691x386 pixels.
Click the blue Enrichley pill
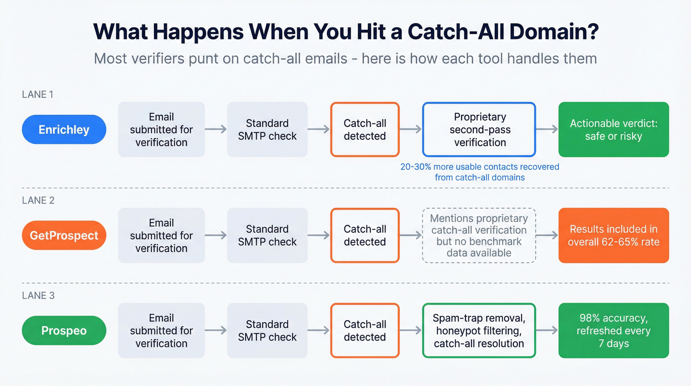click(64, 129)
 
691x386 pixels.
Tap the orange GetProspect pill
click(64, 235)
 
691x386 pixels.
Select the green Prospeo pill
click(64, 331)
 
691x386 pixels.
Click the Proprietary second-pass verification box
click(479, 129)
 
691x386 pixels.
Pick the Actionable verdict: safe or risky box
click(614, 129)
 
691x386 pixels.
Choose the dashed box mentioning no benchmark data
click(479, 235)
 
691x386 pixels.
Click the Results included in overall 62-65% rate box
click(614, 235)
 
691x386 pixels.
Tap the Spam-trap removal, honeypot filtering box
click(479, 331)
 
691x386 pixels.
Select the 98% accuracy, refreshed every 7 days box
click(614, 331)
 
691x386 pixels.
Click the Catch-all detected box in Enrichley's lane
click(365, 129)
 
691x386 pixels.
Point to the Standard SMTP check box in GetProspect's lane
click(267, 235)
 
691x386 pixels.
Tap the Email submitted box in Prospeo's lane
click(161, 331)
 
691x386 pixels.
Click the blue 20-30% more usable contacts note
click(479, 172)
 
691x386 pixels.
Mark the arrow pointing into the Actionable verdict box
click(547, 129)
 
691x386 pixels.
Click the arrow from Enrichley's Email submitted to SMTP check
click(216, 129)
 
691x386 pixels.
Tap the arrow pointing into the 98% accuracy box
click(547, 331)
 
